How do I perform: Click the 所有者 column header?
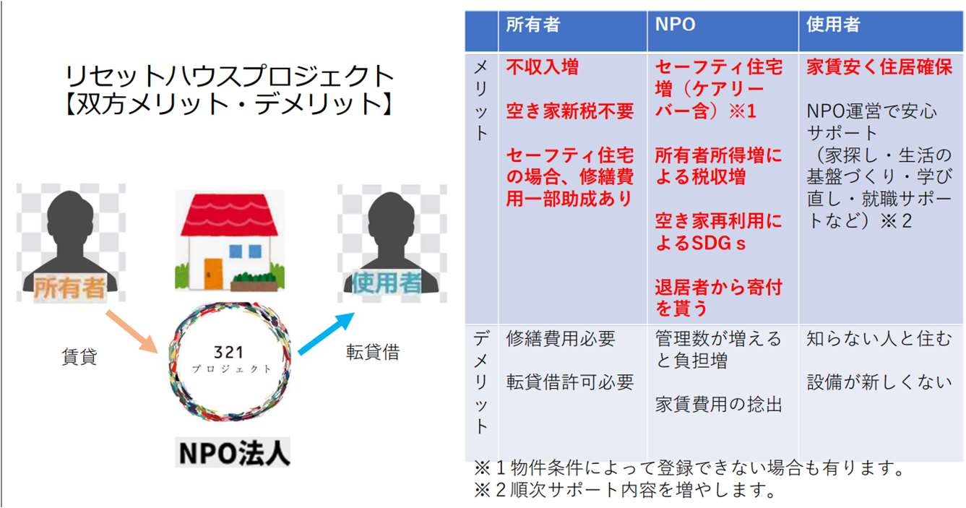tap(533, 24)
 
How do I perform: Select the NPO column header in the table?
tap(675, 24)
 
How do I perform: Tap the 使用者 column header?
tap(833, 24)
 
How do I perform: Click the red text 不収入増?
tap(542, 68)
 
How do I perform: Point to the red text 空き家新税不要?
tap(569, 111)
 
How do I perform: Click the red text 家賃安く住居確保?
tap(879, 68)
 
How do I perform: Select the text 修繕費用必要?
tap(561, 338)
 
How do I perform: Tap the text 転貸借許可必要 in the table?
tap(569, 382)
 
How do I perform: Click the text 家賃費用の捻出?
tap(718, 405)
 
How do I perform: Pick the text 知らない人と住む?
tap(879, 338)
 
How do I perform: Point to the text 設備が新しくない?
tap(879, 382)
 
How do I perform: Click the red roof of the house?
tap(229, 215)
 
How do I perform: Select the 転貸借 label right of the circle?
tap(372, 353)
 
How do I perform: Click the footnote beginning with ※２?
tap(624, 491)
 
